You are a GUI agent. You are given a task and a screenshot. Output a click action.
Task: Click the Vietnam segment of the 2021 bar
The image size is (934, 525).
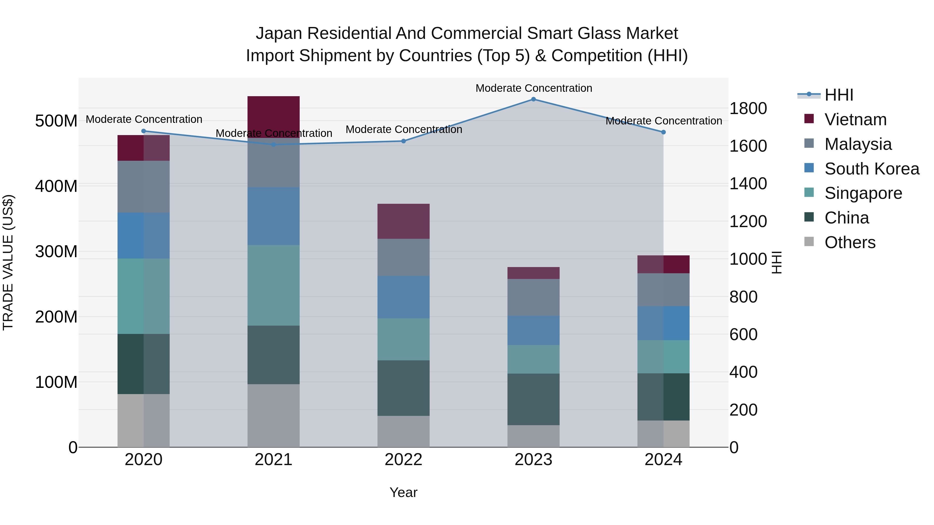[x=273, y=117]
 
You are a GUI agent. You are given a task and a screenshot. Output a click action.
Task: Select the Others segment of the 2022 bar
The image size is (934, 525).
[x=403, y=431]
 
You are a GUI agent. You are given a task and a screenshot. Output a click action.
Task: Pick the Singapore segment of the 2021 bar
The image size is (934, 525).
[x=273, y=285]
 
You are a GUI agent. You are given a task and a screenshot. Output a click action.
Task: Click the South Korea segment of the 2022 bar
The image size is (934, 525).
[x=403, y=297]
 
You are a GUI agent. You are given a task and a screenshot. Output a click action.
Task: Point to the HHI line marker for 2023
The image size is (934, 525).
[x=533, y=99]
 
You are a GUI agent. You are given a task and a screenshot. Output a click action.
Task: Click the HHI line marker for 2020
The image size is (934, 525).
[x=143, y=131]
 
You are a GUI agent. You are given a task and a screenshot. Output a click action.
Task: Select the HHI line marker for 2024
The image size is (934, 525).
[x=663, y=132]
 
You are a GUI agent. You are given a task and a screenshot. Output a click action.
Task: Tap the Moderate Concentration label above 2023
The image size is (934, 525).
[x=533, y=88]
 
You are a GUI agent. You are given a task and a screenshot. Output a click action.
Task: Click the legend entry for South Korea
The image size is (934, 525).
[x=872, y=169]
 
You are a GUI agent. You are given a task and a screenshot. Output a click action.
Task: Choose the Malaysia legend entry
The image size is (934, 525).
[x=858, y=144]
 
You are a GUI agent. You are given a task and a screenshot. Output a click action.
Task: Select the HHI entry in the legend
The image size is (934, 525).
[x=839, y=95]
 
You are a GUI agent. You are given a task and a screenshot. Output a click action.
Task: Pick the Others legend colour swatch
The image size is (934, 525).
[x=809, y=242]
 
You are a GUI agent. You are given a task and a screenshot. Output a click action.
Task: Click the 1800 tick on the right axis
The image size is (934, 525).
[x=748, y=108]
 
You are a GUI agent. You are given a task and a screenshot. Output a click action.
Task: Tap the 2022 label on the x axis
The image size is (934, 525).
[x=403, y=460]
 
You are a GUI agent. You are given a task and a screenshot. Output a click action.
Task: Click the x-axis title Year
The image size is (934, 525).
[x=403, y=492]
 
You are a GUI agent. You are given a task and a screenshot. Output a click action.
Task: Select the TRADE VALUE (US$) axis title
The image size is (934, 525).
[x=8, y=262]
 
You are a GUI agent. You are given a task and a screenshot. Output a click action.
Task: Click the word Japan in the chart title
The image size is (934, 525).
[x=279, y=33]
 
